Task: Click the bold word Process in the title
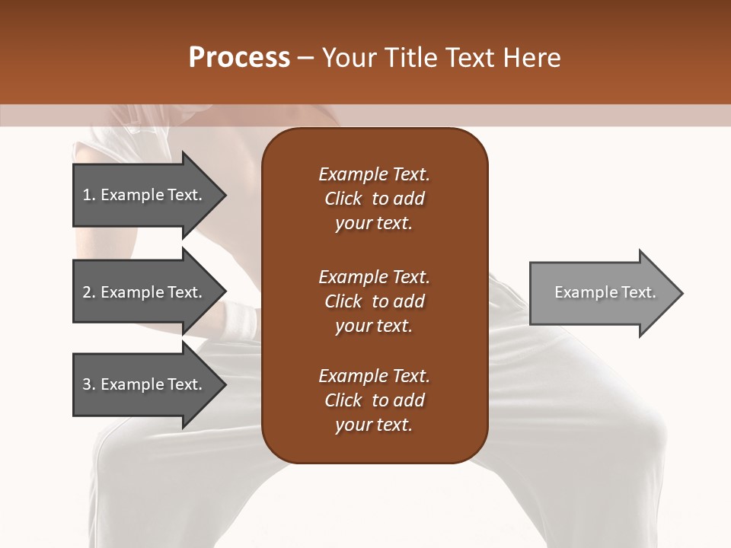pos(239,58)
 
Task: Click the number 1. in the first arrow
pos(89,195)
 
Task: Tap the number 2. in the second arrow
pos(89,292)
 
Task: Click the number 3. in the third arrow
pos(89,384)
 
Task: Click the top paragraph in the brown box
pos(374,199)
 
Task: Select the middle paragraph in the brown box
pos(374,301)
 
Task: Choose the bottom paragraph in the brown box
pos(374,400)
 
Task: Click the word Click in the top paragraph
pos(343,199)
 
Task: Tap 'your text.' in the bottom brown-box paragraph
pos(374,425)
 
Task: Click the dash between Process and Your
pos(306,58)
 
